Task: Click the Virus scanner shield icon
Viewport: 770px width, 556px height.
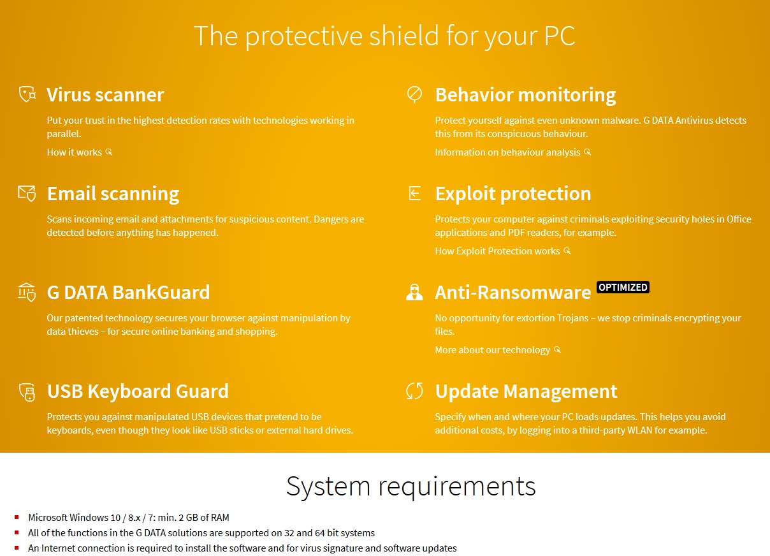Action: [x=27, y=94]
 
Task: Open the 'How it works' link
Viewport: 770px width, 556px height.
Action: [x=80, y=152]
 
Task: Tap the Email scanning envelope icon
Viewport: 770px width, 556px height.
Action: [x=27, y=194]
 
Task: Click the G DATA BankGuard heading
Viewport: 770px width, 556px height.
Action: [x=128, y=292]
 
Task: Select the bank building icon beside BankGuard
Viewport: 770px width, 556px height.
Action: [x=27, y=292]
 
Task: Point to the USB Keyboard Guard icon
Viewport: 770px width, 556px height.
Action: [x=27, y=392]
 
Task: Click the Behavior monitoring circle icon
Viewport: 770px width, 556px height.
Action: [x=414, y=94]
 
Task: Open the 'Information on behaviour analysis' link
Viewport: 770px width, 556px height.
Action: [x=513, y=152]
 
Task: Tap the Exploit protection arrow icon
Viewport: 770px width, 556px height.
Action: [x=414, y=193]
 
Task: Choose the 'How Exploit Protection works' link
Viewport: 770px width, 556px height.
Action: [x=502, y=251]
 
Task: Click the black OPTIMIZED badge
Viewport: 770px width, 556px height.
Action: [x=623, y=287]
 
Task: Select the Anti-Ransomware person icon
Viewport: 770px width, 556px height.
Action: [x=414, y=292]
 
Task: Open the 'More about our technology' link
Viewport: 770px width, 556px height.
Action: [x=498, y=349]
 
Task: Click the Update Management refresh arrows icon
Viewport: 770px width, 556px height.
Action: [x=414, y=391]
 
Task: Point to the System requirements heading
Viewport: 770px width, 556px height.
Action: [x=410, y=486]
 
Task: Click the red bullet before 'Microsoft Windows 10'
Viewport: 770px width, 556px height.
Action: [x=17, y=517]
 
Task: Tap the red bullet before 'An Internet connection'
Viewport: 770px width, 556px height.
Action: [x=17, y=548]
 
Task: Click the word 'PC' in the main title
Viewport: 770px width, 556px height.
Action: [x=560, y=36]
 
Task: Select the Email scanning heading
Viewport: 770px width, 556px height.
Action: [x=113, y=194]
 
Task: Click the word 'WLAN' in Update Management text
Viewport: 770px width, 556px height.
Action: [x=639, y=430]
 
